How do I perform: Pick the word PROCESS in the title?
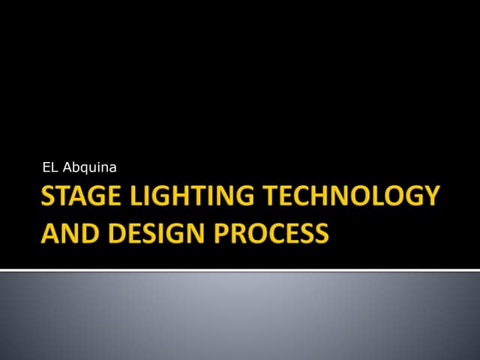pyautogui.click(x=271, y=232)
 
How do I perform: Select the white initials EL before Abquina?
pyautogui.click(x=50, y=166)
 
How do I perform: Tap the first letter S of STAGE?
pyautogui.click(x=46, y=196)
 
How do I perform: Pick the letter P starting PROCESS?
pyautogui.click(x=222, y=232)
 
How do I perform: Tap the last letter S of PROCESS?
pyautogui.click(x=321, y=232)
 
